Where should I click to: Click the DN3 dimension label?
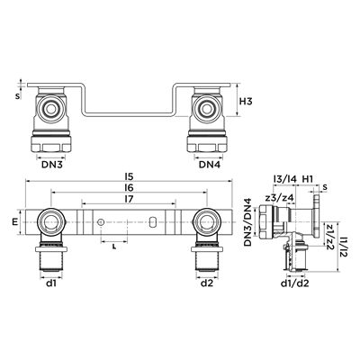[x=51, y=165]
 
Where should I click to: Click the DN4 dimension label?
[x=210, y=165]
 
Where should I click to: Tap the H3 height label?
[x=246, y=102]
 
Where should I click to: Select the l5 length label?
[x=130, y=175]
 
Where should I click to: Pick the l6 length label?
[x=130, y=188]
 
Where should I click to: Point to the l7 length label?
[x=129, y=200]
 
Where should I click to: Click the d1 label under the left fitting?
[x=51, y=283]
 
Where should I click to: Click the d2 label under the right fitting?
[x=207, y=283]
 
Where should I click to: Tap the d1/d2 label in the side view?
[x=295, y=283]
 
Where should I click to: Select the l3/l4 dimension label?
[x=285, y=179]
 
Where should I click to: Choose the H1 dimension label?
[x=307, y=179]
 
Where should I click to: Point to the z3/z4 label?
[x=279, y=198]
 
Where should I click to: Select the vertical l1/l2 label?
[x=344, y=246]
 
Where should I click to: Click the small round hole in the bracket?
[x=101, y=222]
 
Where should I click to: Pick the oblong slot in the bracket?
[x=152, y=222]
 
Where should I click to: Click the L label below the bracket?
[x=113, y=247]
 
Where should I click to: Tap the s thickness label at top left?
[x=17, y=96]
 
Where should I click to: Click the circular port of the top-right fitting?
[x=207, y=108]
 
